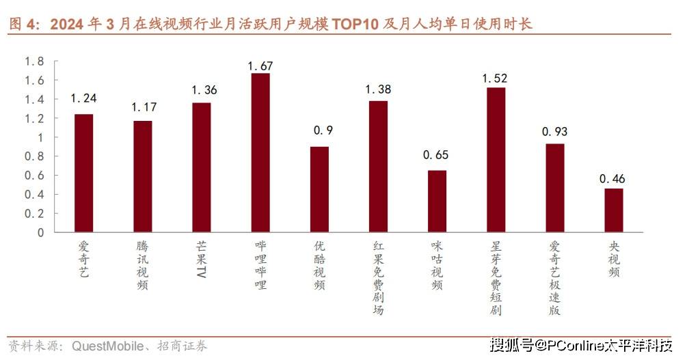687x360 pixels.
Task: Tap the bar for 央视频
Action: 614,210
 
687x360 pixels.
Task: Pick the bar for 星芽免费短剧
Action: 496,160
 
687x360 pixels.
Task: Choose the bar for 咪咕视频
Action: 437,201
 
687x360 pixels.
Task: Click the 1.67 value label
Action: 260,66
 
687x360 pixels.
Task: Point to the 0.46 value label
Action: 613,180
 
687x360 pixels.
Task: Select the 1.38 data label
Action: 378,89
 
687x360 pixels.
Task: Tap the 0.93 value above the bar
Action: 555,131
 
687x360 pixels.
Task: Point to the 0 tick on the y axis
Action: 40,232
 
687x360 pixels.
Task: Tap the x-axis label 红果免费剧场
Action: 378,277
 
